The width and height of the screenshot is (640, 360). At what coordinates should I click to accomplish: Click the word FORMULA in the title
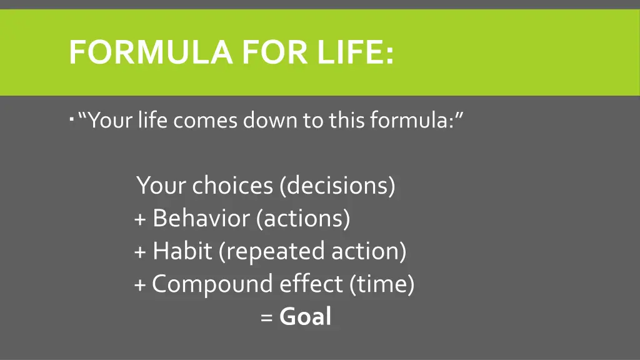(x=151, y=52)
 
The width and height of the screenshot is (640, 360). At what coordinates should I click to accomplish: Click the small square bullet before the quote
(x=72, y=117)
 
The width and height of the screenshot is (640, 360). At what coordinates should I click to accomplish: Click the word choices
(x=232, y=186)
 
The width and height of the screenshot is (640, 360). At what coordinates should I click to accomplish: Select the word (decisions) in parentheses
(x=337, y=186)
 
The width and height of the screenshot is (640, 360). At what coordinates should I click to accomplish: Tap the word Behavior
(x=201, y=218)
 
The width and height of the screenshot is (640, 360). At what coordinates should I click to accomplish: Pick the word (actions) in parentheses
(x=303, y=218)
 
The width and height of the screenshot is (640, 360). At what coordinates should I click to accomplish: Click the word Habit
(x=182, y=251)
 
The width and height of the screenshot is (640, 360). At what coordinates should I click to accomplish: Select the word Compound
(x=212, y=284)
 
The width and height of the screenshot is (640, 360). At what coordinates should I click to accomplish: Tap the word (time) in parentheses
(x=382, y=284)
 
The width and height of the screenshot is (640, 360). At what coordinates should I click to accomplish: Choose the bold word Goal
(x=305, y=316)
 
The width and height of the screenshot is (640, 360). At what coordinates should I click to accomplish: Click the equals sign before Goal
(x=267, y=317)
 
